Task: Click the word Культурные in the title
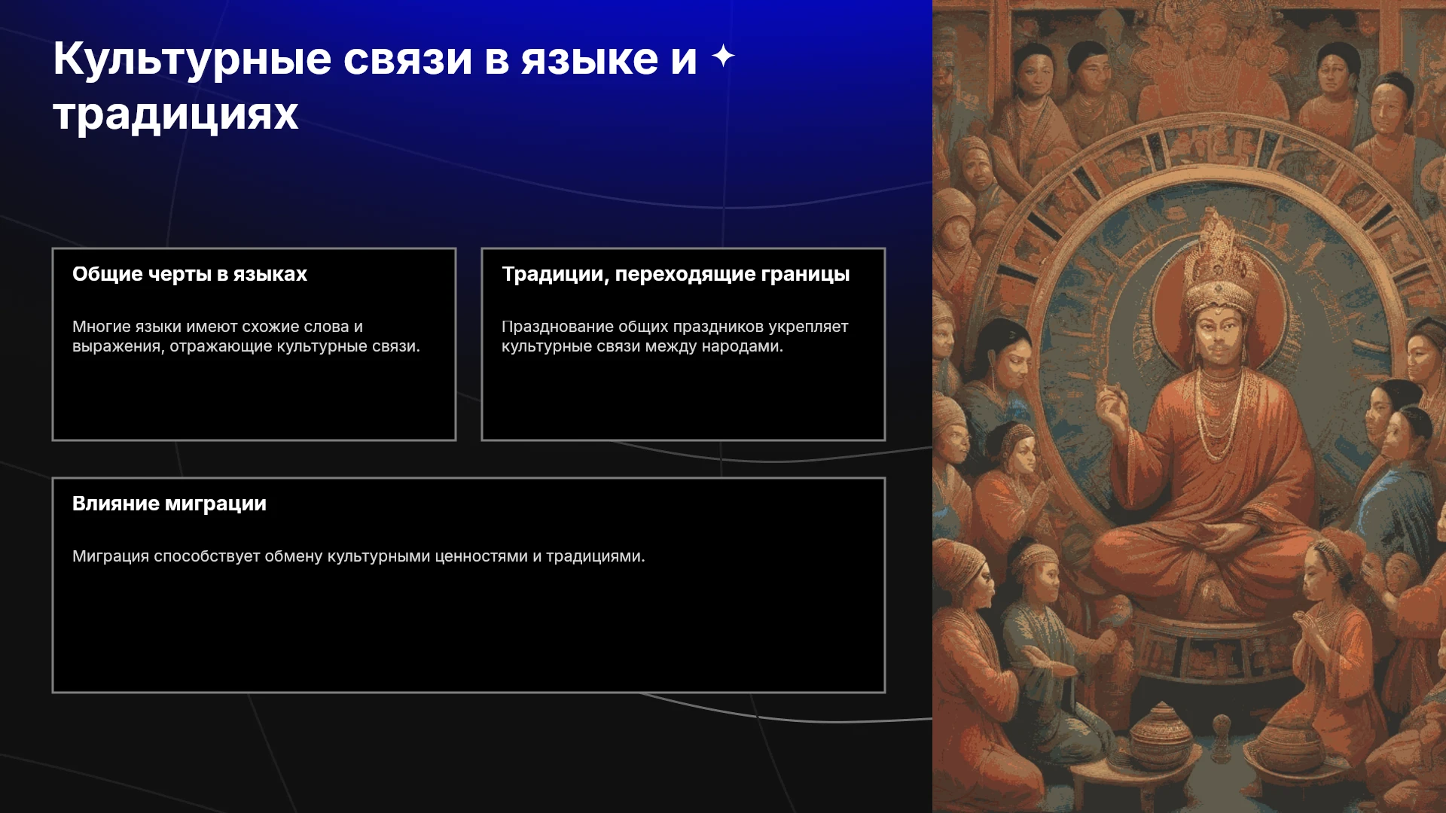tap(192, 59)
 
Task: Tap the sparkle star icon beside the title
tap(723, 56)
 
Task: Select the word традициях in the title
tap(175, 115)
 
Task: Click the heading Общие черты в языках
tap(190, 274)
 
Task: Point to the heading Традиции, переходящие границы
tap(676, 274)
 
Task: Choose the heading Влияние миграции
tap(169, 504)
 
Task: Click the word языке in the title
tap(590, 59)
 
